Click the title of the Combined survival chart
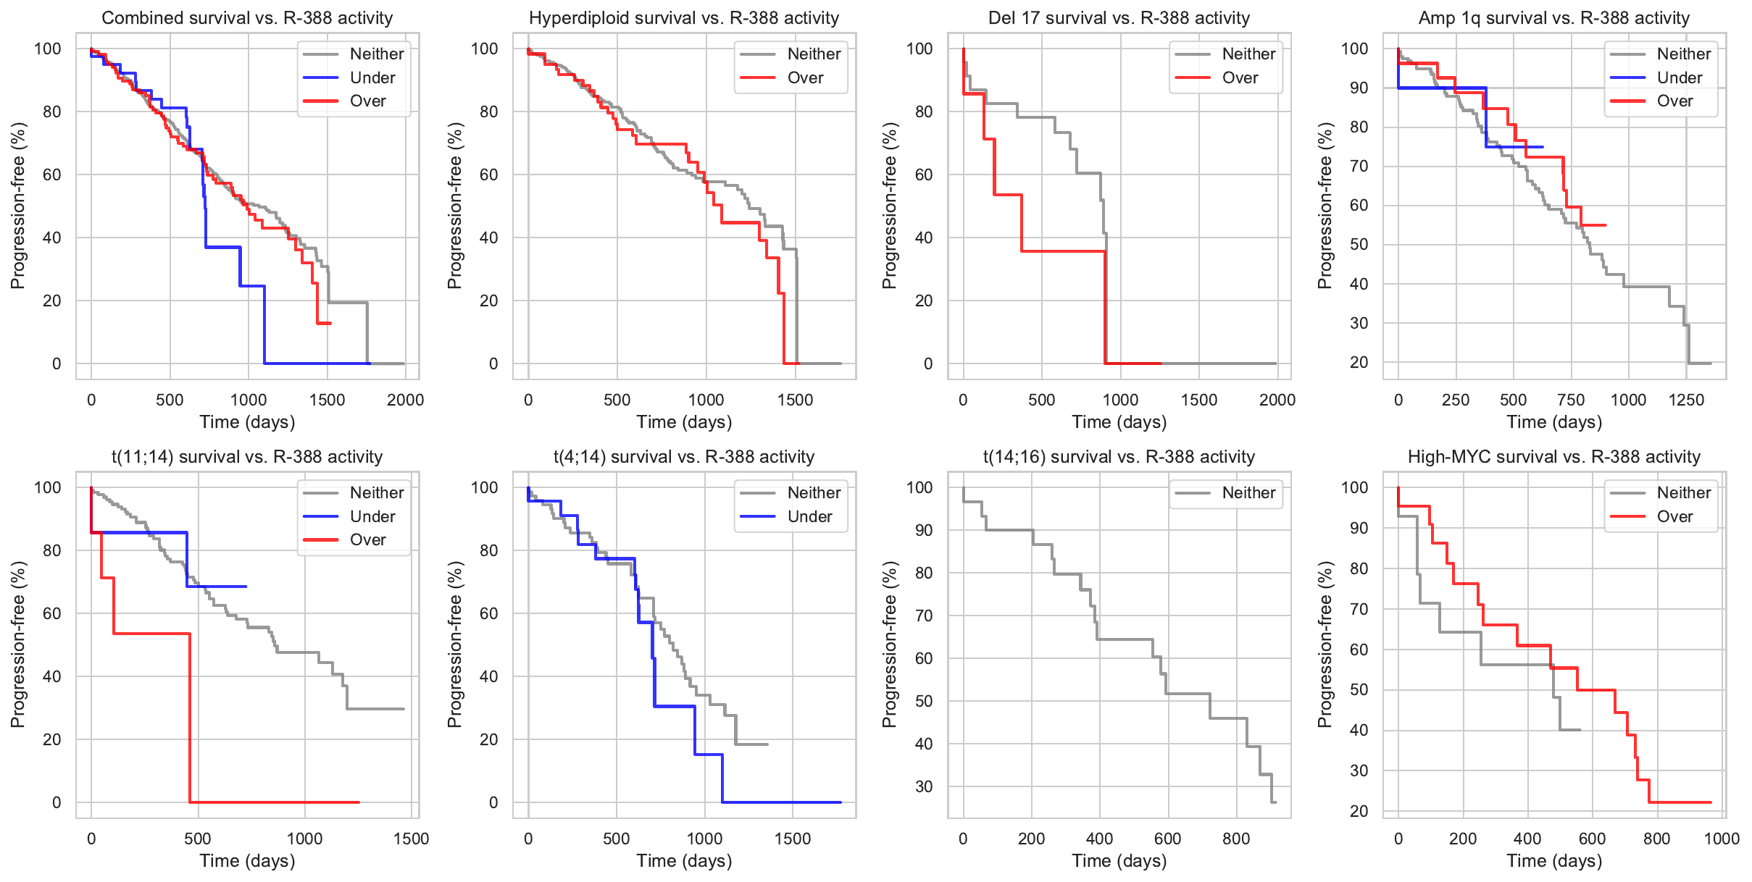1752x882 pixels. (247, 17)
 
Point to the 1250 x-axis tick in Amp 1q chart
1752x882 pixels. (1686, 400)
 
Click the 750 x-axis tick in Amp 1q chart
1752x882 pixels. (1571, 400)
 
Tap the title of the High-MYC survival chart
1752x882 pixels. (1553, 456)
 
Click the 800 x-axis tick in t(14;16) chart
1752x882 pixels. (1236, 839)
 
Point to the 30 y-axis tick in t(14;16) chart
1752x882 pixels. (924, 786)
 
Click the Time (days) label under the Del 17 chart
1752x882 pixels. (1119, 421)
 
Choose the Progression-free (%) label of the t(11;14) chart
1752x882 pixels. (17, 644)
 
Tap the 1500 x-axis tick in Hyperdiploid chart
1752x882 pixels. (795, 400)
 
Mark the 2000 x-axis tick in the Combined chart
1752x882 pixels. (405, 400)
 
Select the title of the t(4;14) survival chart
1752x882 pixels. (683, 456)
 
